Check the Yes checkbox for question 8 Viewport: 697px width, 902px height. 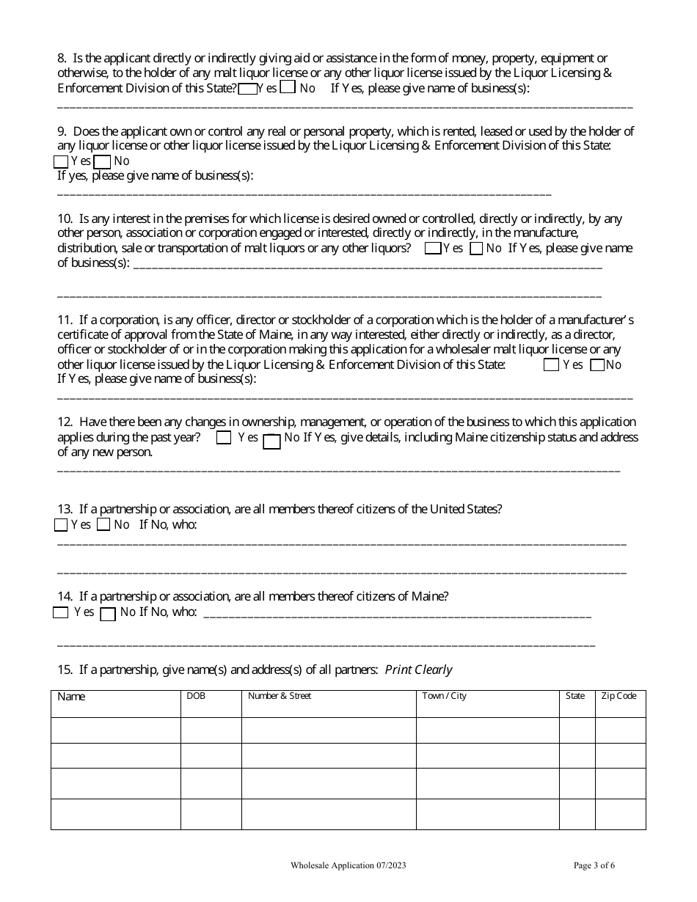pos(247,89)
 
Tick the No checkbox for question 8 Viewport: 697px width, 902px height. pos(288,87)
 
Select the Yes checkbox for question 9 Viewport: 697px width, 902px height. pos(61,161)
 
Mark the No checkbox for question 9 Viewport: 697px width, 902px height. pos(103,161)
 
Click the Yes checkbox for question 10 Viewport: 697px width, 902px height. pos(433,249)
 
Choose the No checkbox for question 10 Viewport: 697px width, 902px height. pos(476,249)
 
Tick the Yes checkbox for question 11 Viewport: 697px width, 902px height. pos(551,365)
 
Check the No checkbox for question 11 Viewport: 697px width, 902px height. pos(597,365)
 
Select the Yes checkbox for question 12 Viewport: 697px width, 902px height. pos(224,438)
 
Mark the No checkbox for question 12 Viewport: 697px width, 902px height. pos(271,441)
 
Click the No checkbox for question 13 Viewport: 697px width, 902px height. pos(103,524)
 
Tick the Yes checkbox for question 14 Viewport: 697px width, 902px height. pos(61,612)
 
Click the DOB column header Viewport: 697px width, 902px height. pos(196,696)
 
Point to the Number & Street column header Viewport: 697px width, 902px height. pos(280,696)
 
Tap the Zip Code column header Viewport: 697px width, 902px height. pos(618,696)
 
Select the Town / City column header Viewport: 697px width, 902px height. pos(444,696)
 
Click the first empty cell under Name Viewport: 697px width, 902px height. pos(115,730)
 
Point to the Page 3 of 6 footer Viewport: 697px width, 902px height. pos(594,865)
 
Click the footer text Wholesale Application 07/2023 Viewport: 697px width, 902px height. pos(348,865)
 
